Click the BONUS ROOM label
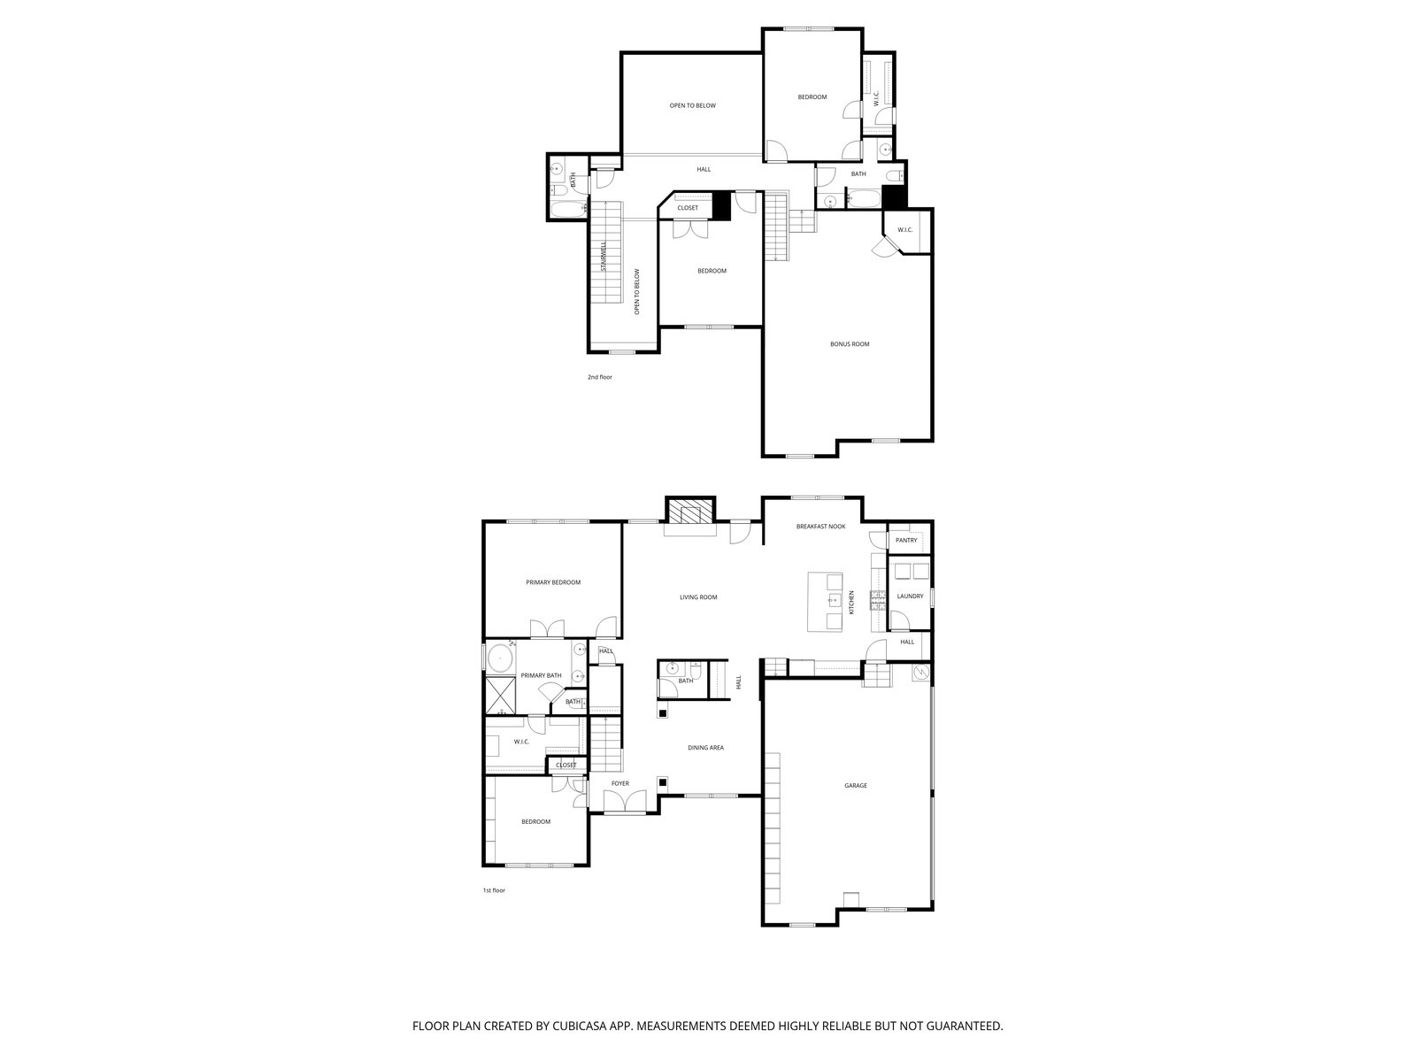pos(849,344)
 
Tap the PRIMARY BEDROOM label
pos(553,582)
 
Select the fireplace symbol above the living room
pos(689,512)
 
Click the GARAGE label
pos(855,786)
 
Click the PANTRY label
pos(906,540)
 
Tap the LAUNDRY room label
pos(910,596)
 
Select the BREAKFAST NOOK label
pos(820,527)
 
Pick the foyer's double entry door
pos(626,802)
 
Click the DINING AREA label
pos(705,748)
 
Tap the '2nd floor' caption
pos(599,377)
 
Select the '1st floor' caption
pos(494,890)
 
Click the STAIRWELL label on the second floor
pos(604,257)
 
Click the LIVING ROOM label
pos(698,597)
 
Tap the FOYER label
pos(620,783)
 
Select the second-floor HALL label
pos(704,169)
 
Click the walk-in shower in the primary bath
pos(500,695)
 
